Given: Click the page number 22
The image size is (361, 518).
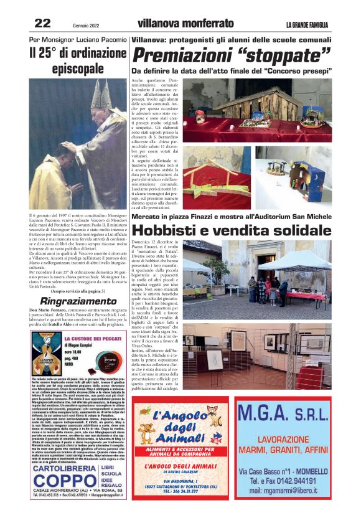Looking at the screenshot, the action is [42, 23].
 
